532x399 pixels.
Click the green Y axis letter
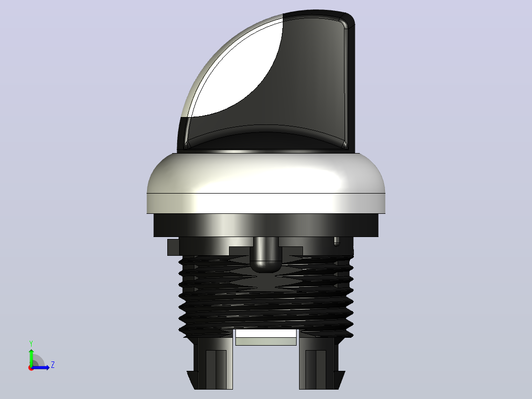pyautogui.click(x=31, y=343)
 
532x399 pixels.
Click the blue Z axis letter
pyautogui.click(x=53, y=365)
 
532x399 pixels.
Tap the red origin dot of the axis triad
pyautogui.click(x=31, y=368)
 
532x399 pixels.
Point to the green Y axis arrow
pyautogui.click(x=31, y=357)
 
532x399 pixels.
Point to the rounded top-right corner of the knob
pyautogui.click(x=349, y=19)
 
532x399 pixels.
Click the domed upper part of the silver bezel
pyautogui.click(x=266, y=173)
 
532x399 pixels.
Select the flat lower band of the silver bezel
pyautogui.click(x=266, y=203)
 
